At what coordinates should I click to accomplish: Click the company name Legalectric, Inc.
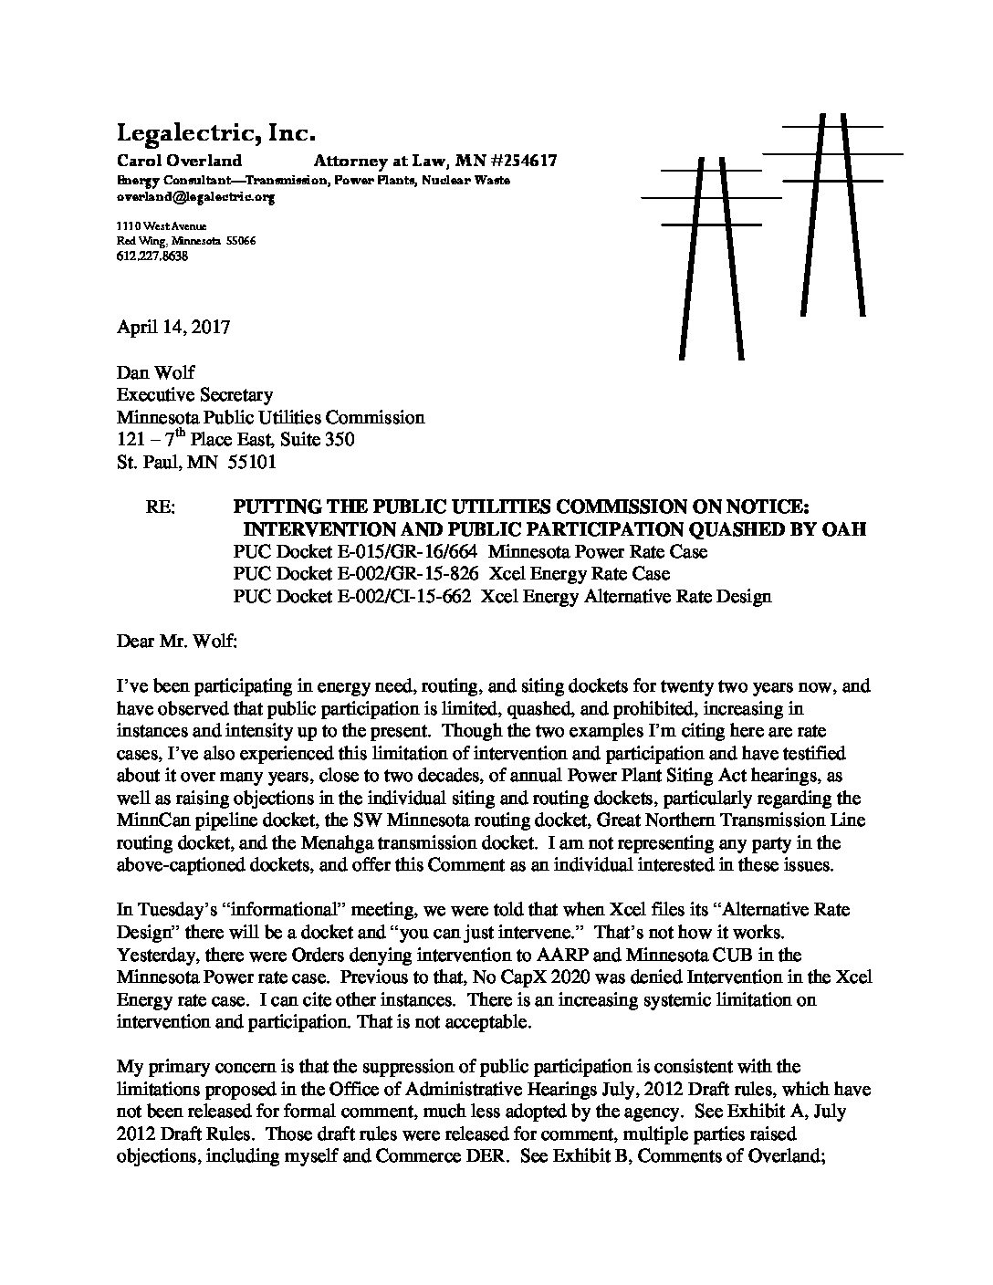point(215,134)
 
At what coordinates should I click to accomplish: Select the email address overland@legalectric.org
point(195,196)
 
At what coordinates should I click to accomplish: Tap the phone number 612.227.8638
point(152,256)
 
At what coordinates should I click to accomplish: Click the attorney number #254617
point(517,161)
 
